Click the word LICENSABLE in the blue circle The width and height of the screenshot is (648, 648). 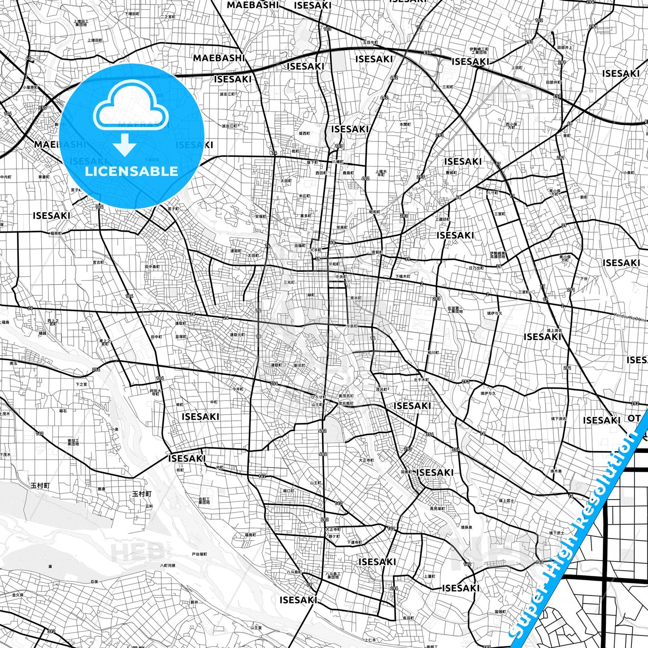coord(131,171)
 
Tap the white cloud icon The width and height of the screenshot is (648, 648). coord(131,107)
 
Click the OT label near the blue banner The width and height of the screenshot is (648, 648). coord(634,418)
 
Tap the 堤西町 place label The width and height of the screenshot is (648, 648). coord(304,133)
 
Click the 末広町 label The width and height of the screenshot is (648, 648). coord(304,196)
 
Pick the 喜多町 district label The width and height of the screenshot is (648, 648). coord(305,216)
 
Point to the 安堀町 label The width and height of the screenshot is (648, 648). coord(261,216)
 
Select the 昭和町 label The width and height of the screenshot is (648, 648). coord(374,212)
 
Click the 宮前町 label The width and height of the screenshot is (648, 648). coord(377,252)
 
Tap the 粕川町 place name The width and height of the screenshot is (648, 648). coord(433,352)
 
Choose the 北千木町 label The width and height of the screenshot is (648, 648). coord(422,380)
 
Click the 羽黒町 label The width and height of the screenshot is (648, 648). coord(406,472)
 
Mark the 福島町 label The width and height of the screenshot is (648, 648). coord(250,535)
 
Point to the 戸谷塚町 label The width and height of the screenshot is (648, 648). coord(200,554)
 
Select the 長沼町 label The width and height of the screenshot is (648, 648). coord(408,618)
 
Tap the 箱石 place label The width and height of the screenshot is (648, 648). coord(63,410)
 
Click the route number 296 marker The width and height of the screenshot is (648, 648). coord(394,588)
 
